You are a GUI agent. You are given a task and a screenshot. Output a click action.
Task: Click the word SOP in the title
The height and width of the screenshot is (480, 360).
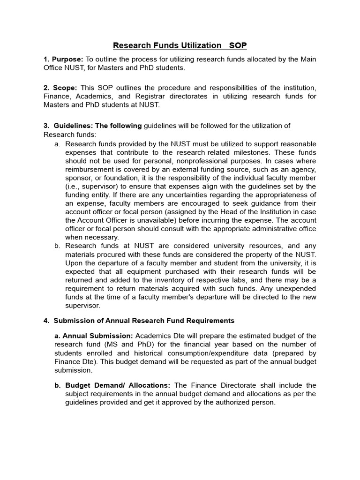click(238, 45)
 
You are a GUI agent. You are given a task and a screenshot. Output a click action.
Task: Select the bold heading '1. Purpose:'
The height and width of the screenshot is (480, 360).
click(63, 60)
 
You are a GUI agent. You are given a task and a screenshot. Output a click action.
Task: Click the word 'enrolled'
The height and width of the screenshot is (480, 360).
click(101, 353)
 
